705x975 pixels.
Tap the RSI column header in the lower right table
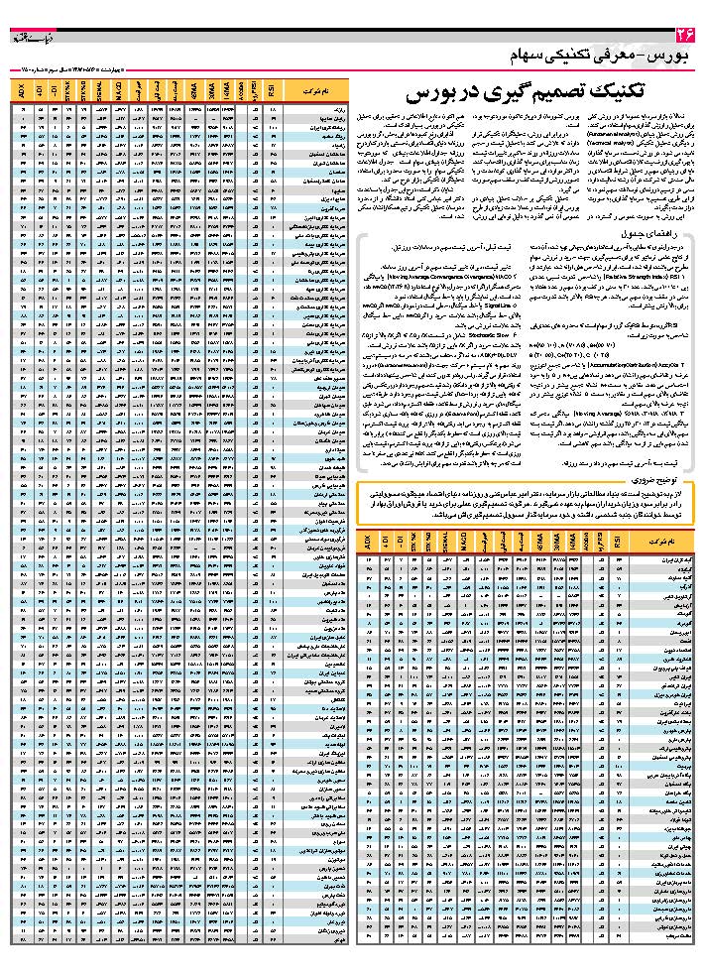pos(620,545)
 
